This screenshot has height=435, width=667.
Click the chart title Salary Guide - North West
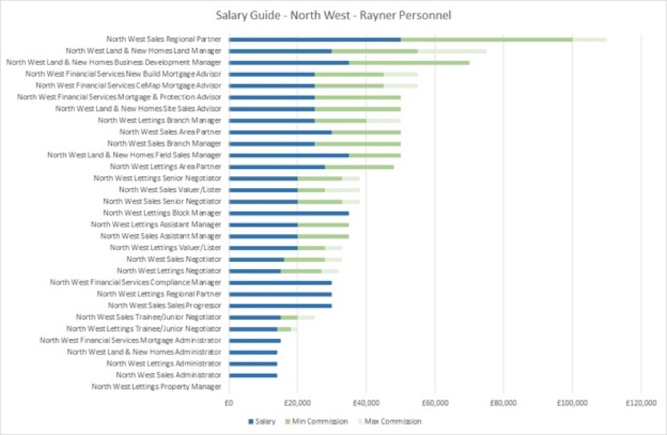point(333,14)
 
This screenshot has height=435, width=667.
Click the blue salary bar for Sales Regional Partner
point(314,38)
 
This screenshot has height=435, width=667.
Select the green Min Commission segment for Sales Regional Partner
point(486,38)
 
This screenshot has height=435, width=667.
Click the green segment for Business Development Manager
point(409,62)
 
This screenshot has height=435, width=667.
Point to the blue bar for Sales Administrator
point(253,375)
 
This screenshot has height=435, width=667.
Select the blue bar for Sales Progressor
point(280,305)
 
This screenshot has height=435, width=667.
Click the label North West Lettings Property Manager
point(156,387)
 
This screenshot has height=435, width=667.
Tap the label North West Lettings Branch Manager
point(159,119)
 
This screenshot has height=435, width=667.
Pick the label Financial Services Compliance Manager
point(135,282)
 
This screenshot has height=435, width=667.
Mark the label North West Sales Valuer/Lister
point(169,190)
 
